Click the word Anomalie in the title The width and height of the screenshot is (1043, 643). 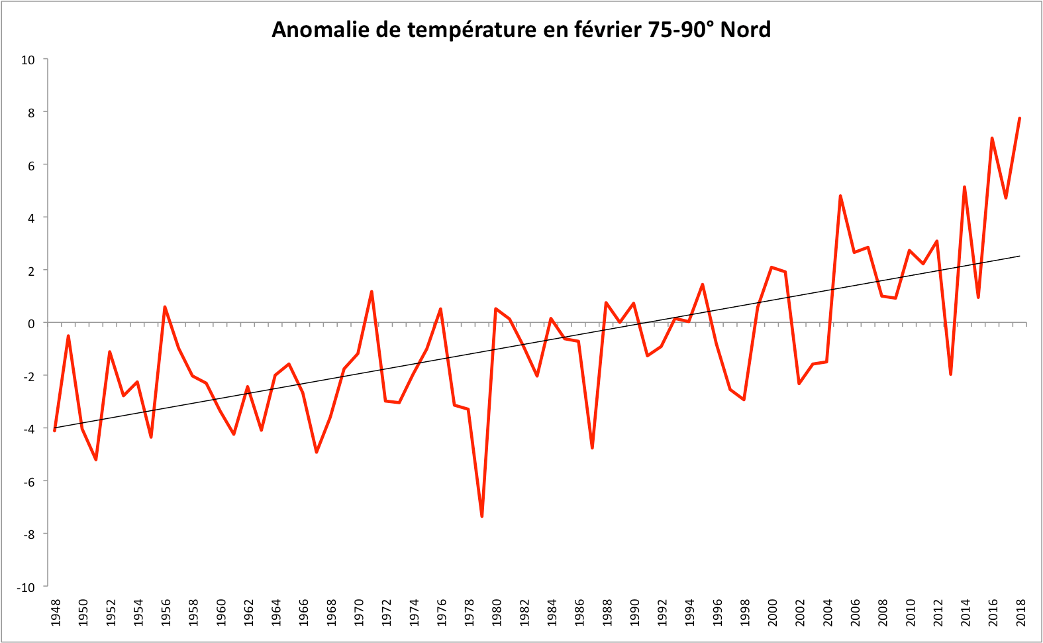311,30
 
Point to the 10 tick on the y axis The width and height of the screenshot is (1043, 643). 28,60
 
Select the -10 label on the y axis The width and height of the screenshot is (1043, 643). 26,587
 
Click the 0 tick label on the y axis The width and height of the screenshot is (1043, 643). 31,323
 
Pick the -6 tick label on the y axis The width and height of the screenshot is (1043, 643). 28,482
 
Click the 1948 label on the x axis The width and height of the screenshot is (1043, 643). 56,613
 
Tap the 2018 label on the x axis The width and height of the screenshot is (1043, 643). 1020,613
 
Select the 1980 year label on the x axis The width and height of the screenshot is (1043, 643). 497,613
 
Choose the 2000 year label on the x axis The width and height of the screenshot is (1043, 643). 772,613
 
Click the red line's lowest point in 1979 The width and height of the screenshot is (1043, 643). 482,516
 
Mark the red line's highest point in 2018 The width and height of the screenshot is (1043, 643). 1020,118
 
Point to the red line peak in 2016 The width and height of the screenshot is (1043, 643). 992,138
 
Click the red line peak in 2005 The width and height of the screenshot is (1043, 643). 840,196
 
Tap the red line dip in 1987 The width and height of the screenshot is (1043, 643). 592,448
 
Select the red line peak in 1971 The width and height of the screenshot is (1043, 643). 372,292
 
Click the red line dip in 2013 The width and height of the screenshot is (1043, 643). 950,375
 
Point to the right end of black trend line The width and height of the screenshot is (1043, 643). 1020,256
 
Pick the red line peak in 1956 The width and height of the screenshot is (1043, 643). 165,307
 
